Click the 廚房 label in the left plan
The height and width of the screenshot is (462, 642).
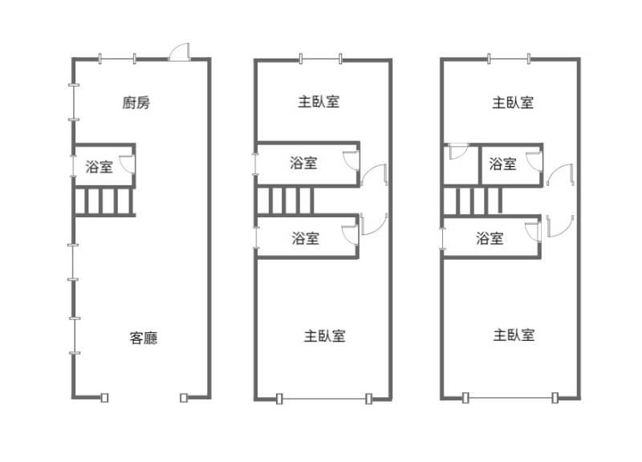(x=136, y=103)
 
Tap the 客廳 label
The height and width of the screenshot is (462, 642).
(x=144, y=338)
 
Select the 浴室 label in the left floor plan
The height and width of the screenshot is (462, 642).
(x=98, y=167)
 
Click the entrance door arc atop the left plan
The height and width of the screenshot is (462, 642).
(x=179, y=52)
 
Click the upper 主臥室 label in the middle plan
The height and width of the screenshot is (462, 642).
(x=319, y=102)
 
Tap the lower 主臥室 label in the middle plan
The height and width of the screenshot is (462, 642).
(x=325, y=335)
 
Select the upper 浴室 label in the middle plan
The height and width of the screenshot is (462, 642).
(x=303, y=164)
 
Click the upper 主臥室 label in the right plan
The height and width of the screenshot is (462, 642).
(x=513, y=103)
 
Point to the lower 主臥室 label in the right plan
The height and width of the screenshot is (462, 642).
(x=514, y=335)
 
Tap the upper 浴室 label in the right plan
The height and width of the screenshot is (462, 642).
(x=502, y=164)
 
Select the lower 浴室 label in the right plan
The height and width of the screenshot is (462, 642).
(x=490, y=238)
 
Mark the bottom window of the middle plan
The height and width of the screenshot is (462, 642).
(x=323, y=399)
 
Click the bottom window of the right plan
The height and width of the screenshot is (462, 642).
(x=510, y=399)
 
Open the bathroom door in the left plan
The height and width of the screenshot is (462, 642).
(x=128, y=165)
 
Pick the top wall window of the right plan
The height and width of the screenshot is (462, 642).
(x=509, y=59)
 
